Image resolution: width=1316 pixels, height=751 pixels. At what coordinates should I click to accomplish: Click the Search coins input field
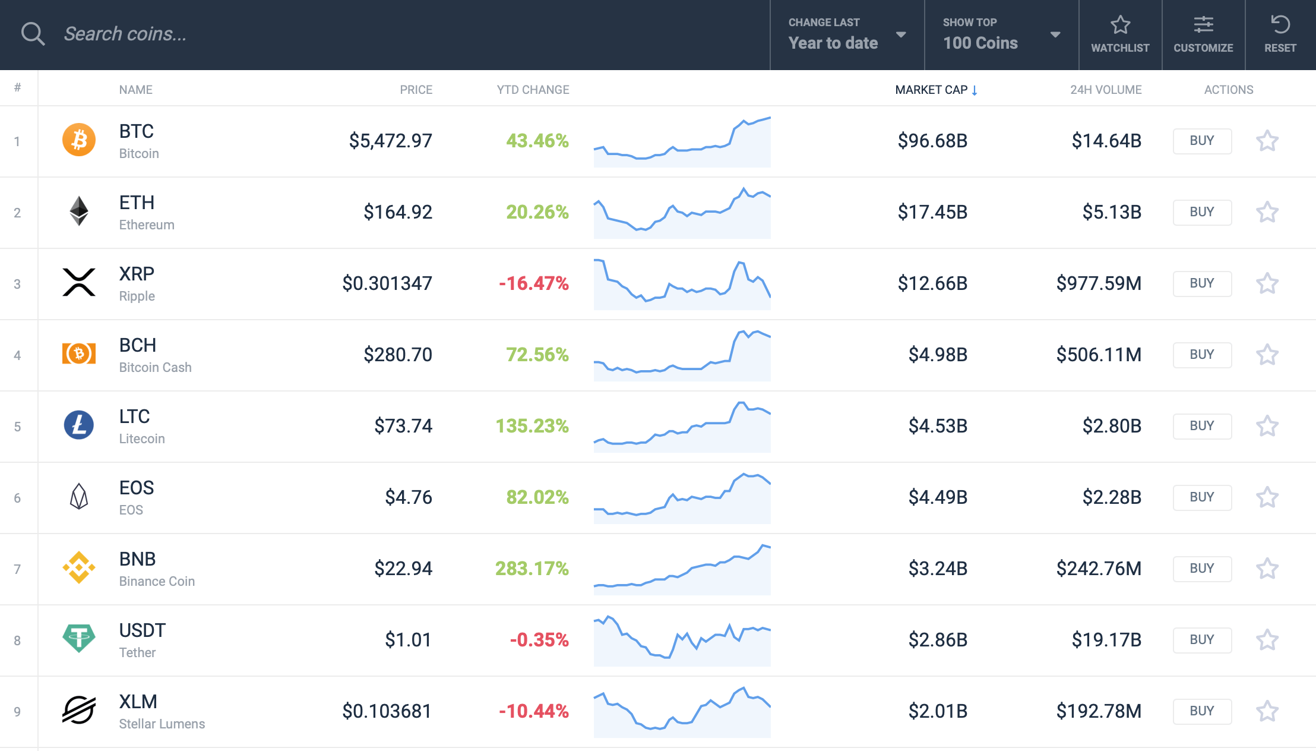pyautogui.click(x=356, y=34)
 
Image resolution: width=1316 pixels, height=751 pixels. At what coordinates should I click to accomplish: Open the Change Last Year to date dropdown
pyautogui.click(x=847, y=34)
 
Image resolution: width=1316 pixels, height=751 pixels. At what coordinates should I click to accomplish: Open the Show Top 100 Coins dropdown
pyautogui.click(x=1001, y=34)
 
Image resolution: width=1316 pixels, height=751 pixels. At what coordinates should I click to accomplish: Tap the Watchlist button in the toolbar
pyautogui.click(x=1120, y=34)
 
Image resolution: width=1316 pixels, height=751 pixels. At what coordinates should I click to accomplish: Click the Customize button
pyautogui.click(x=1203, y=34)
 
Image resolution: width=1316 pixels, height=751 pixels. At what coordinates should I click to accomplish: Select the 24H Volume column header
pyautogui.click(x=1105, y=90)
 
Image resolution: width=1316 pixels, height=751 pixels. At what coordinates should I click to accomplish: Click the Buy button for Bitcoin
pyautogui.click(x=1202, y=141)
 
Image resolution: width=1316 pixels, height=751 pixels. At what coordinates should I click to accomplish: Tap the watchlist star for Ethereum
pyautogui.click(x=1267, y=212)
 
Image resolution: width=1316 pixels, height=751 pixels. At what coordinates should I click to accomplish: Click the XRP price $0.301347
pyautogui.click(x=387, y=283)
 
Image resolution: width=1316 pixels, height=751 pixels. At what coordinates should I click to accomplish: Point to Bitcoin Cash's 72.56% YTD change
pyautogui.click(x=537, y=355)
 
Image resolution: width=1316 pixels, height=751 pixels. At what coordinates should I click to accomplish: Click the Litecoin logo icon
pyautogui.click(x=79, y=425)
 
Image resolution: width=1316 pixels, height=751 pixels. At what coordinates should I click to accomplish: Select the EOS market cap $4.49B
pyautogui.click(x=938, y=497)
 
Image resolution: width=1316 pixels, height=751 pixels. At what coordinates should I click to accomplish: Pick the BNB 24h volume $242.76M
pyautogui.click(x=1099, y=569)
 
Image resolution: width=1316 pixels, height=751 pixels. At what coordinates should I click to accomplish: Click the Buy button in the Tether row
pyautogui.click(x=1202, y=640)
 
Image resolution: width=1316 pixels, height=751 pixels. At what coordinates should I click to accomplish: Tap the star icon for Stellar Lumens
pyautogui.click(x=1267, y=711)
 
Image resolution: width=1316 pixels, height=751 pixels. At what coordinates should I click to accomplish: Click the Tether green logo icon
pyautogui.click(x=79, y=639)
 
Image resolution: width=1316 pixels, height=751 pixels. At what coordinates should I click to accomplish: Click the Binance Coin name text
pyautogui.click(x=157, y=581)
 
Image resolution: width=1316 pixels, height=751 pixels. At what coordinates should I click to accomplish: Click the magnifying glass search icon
pyautogui.click(x=33, y=34)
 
